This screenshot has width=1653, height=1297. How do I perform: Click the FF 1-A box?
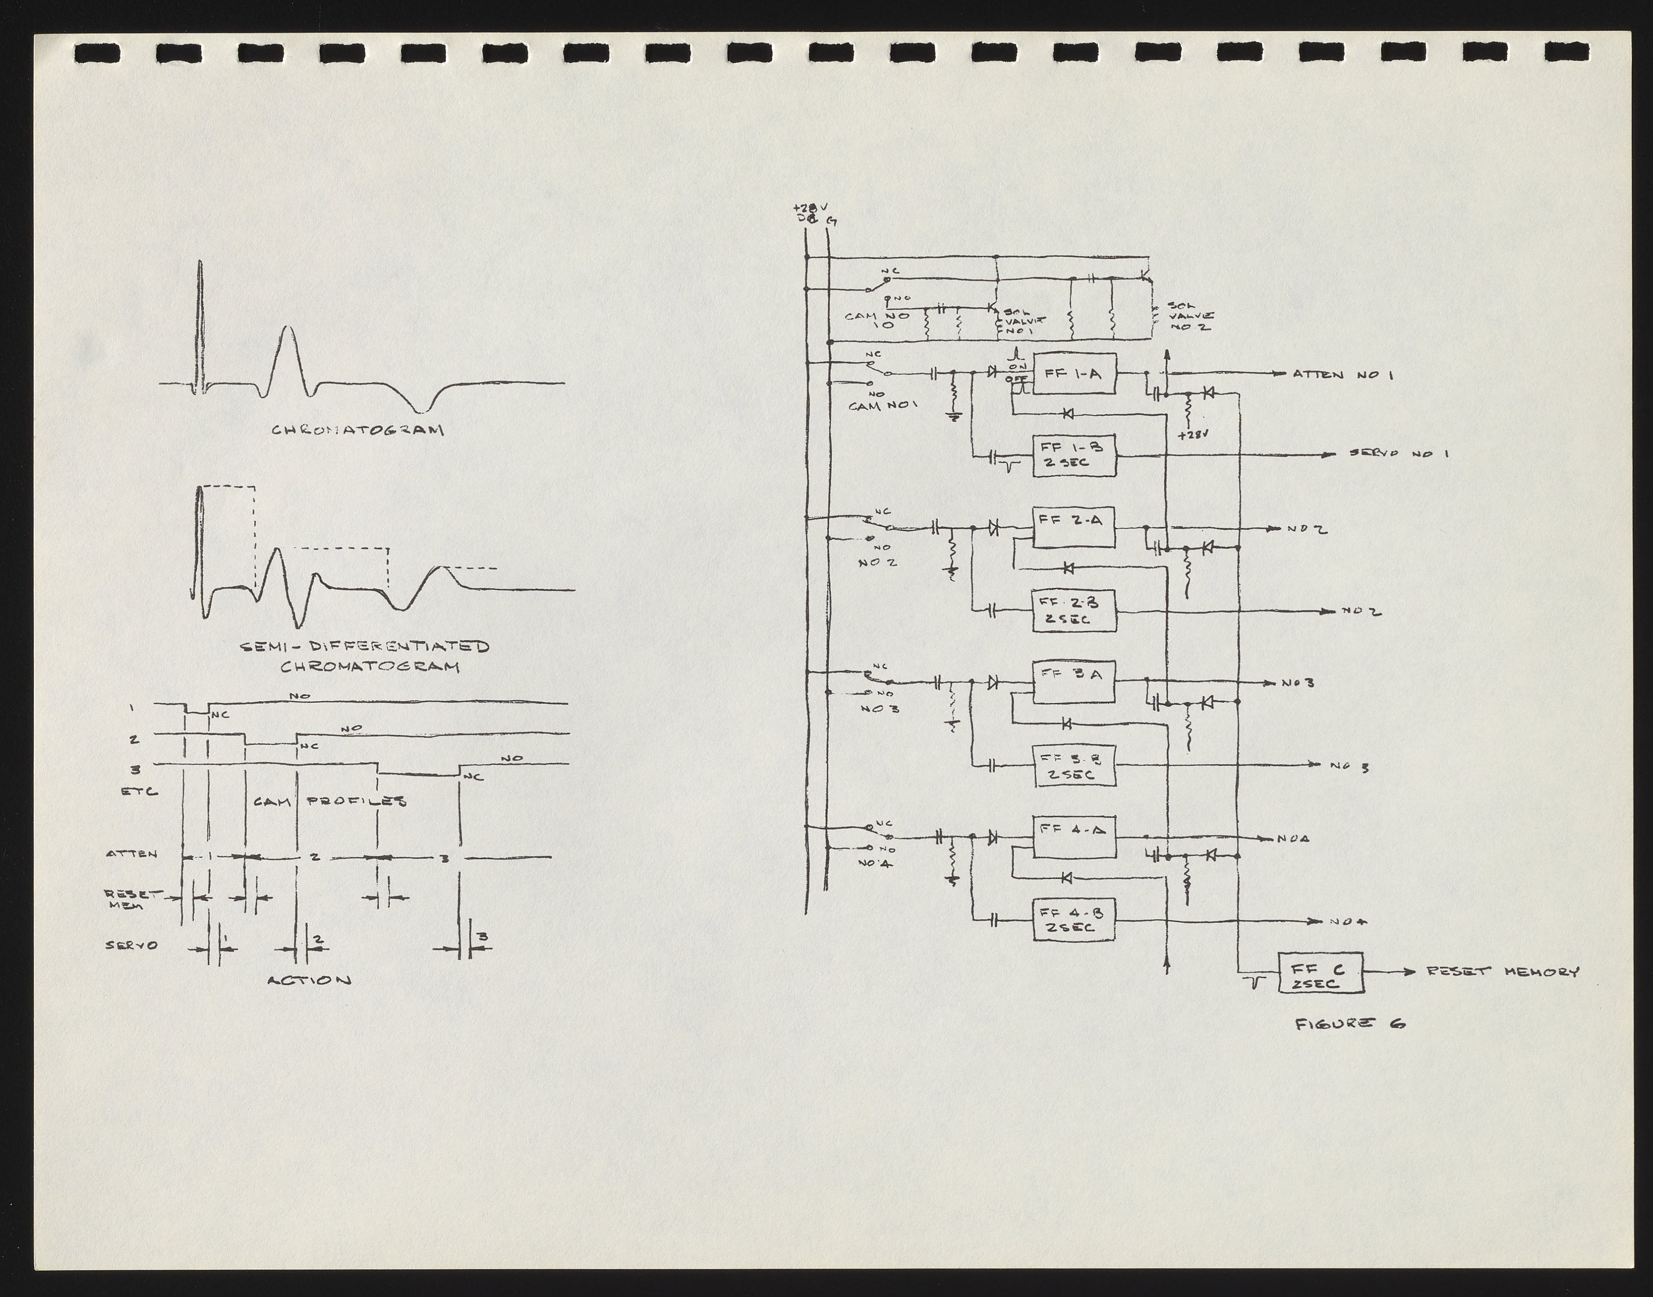(1073, 374)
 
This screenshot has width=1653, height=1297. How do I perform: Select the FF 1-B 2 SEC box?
(1073, 456)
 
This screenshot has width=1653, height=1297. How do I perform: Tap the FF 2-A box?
(1073, 526)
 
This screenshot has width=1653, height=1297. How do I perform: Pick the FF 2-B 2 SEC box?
(1073, 610)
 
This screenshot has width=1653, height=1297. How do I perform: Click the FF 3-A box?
(1073, 681)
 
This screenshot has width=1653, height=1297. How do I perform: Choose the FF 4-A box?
(1073, 836)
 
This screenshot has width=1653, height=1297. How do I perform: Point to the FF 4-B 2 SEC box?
(1073, 919)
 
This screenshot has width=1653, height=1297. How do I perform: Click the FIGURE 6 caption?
(1349, 1024)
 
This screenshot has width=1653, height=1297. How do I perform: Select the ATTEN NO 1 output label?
(1342, 374)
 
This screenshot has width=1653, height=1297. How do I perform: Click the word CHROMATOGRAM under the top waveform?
(358, 431)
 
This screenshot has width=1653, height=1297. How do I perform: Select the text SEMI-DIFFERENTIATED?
(364, 647)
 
